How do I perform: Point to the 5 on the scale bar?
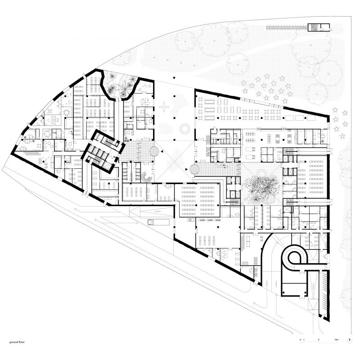coord(318,338)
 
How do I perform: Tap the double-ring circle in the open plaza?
coord(184,129)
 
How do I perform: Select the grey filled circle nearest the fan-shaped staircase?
coord(153,150)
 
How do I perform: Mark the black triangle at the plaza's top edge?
coord(174,79)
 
